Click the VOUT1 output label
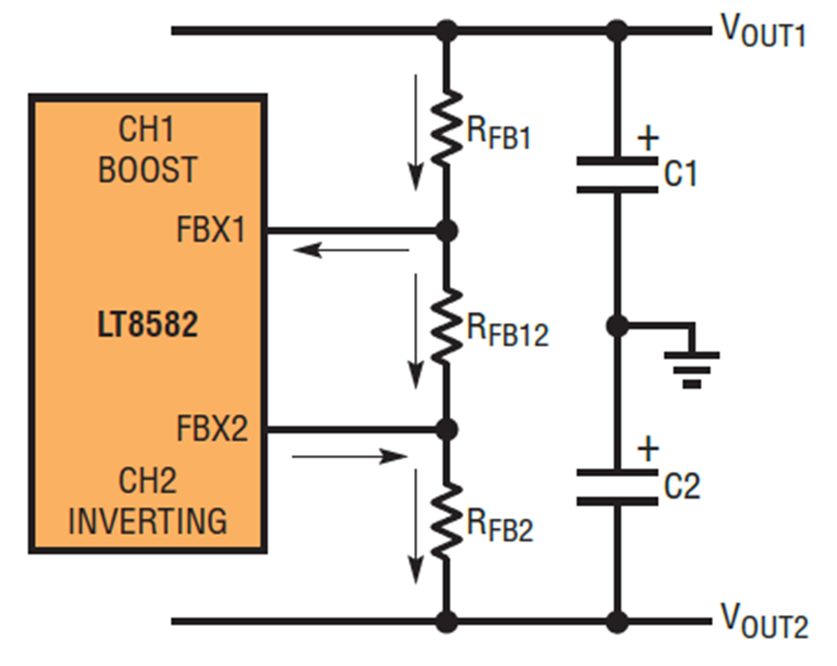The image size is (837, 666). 763,31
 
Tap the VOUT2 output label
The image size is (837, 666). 764,620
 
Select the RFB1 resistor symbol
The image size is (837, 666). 446,127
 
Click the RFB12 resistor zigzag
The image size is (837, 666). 446,326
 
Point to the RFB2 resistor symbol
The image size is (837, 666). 446,522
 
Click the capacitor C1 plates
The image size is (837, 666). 618,175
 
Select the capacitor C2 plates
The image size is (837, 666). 618,487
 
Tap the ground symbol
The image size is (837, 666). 692,369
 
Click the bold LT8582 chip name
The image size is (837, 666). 148,325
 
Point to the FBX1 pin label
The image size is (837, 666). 211,230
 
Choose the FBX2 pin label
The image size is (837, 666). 212,428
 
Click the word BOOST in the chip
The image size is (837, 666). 148,169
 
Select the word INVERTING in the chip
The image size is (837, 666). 148,521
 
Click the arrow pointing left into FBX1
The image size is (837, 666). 352,249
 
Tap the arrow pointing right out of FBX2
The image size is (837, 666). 351,457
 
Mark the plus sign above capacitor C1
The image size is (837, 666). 648,139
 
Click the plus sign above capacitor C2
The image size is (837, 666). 648,448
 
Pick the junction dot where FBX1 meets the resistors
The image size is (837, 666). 446,231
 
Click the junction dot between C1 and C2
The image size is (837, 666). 618,326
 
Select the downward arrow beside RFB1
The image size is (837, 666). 416,132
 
